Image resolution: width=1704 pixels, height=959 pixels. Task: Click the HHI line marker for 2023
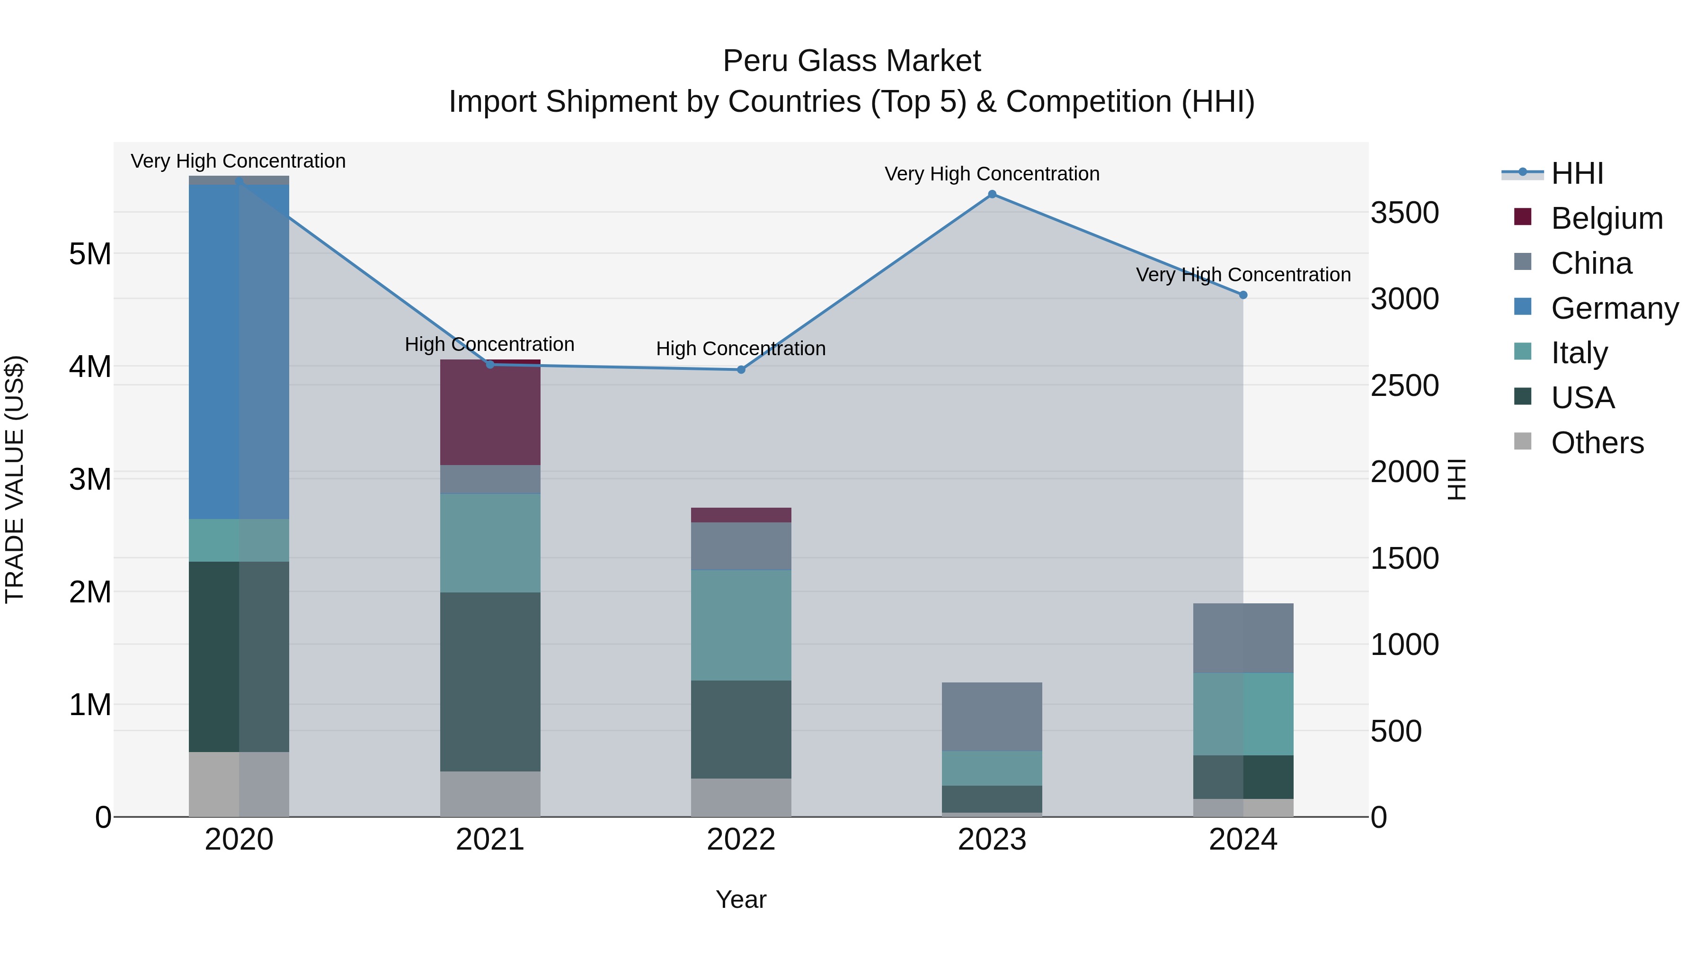point(992,194)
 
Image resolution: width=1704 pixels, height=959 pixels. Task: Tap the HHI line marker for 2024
point(1243,295)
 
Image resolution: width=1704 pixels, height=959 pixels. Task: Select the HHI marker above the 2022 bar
point(741,369)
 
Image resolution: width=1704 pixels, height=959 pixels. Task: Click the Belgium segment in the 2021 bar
point(490,412)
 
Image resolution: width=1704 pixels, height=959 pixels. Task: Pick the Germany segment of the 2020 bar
point(239,351)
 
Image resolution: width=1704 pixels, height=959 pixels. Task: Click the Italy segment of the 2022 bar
point(741,625)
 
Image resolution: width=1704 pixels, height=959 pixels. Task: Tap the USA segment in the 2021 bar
point(490,681)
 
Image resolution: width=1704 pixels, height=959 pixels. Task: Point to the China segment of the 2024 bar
point(1243,638)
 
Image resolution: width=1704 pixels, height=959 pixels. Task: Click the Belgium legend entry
point(1606,218)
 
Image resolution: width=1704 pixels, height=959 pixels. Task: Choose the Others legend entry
point(1597,443)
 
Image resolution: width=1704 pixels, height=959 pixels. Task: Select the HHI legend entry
point(1577,173)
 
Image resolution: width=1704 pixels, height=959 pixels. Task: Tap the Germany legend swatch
point(1522,307)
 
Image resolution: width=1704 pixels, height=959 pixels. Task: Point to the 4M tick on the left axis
point(90,367)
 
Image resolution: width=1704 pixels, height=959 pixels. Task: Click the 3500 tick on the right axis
point(1404,213)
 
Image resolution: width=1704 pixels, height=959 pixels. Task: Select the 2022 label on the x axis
point(741,840)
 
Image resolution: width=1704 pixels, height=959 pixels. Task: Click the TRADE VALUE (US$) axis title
point(15,479)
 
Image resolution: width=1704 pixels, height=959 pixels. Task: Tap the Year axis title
point(741,899)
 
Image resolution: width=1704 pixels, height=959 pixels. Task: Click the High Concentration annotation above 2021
point(489,344)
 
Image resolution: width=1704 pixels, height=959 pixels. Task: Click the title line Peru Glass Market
point(852,61)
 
